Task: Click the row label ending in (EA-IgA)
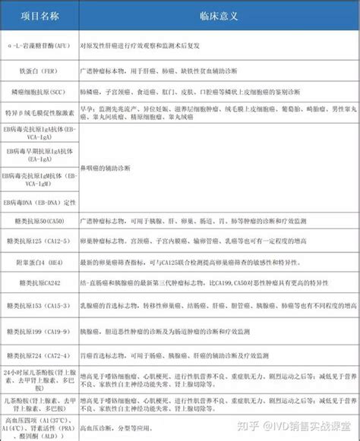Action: click(39, 156)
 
